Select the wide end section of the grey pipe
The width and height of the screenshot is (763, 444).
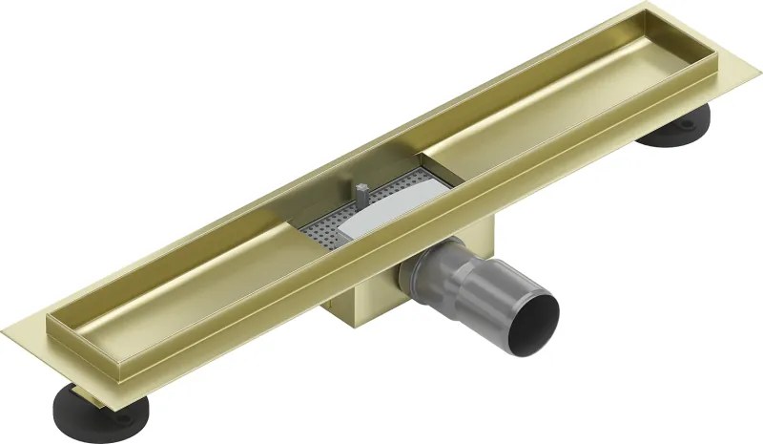[x=520, y=301]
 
